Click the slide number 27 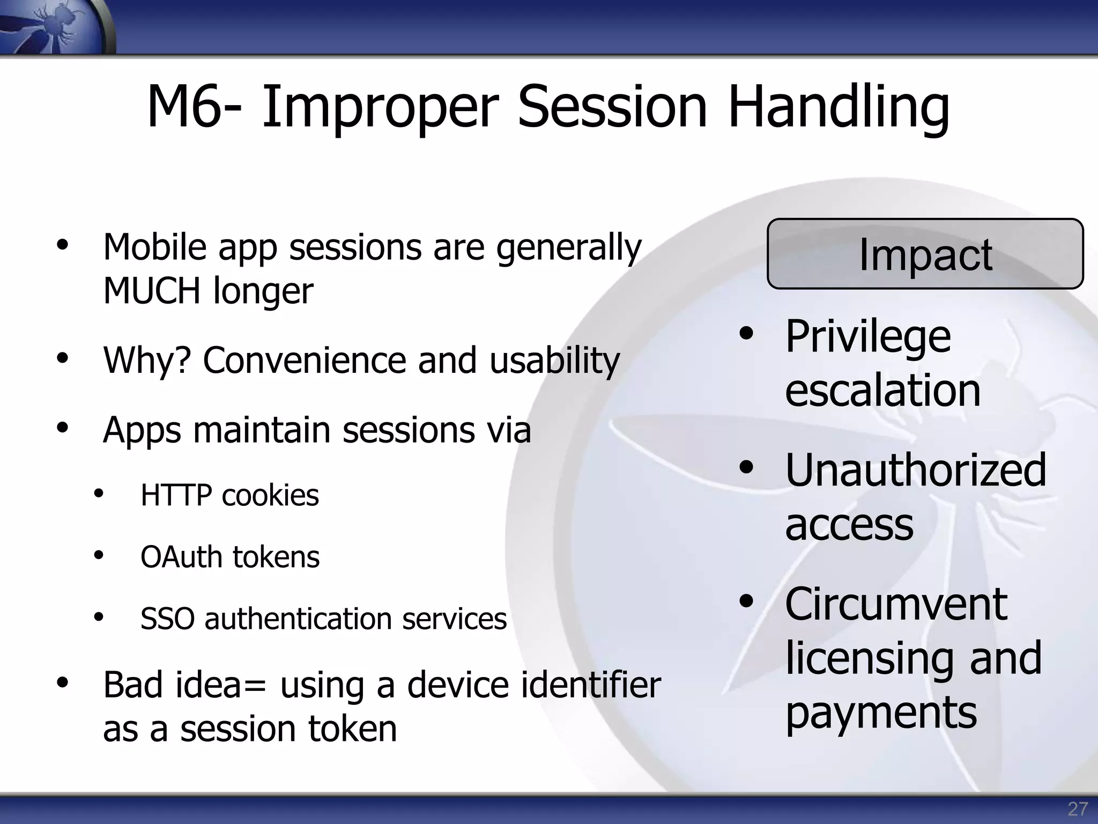click(1078, 808)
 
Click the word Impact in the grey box click(925, 255)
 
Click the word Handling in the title click(839, 107)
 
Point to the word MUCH click(152, 291)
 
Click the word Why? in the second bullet click(147, 360)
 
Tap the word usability click(554, 360)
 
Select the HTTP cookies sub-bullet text click(229, 495)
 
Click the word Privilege click(868, 337)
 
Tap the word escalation click(882, 390)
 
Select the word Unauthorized click(915, 470)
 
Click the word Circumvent click(896, 604)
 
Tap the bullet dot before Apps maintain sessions click(63, 428)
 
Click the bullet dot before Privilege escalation click(746, 334)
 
